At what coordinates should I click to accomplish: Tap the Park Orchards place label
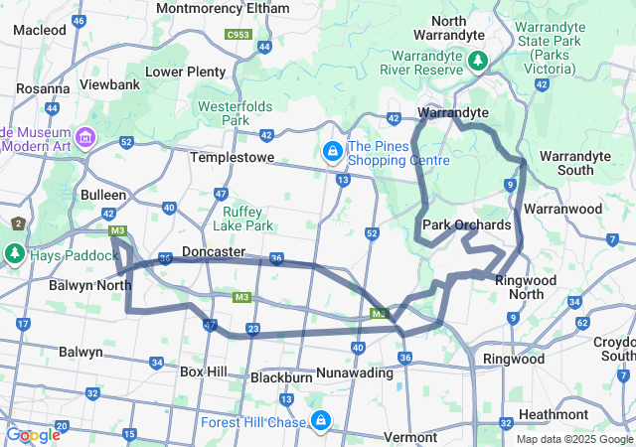click(467, 225)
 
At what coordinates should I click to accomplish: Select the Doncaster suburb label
click(214, 252)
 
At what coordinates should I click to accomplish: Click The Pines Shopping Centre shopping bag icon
click(332, 152)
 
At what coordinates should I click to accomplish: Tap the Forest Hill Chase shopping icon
click(320, 421)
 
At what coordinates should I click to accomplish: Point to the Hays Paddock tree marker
click(15, 252)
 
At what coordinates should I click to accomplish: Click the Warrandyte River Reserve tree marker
click(478, 62)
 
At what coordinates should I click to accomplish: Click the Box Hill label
click(204, 372)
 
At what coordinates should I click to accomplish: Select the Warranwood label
click(563, 210)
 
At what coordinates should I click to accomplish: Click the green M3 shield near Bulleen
click(118, 231)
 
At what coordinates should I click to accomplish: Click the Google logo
click(33, 435)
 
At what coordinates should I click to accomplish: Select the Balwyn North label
click(89, 285)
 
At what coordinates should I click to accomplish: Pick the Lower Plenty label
click(186, 72)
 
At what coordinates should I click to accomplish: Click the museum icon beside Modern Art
click(85, 135)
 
